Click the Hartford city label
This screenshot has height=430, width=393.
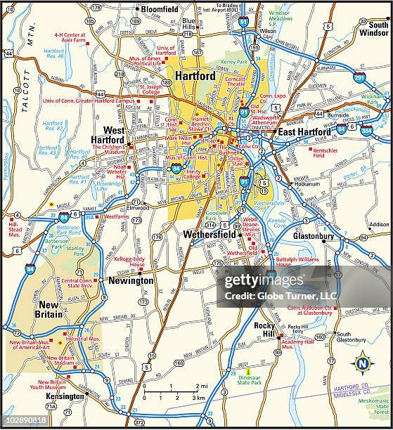pos(196,76)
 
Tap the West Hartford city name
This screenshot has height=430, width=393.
pos(108,136)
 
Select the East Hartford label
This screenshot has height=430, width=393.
pos(304,132)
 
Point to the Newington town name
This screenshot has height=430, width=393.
pos(130,280)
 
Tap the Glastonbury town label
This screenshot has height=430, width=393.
pos(313,236)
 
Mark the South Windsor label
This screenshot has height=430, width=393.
pos(373,28)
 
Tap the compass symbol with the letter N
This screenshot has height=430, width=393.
pos(361,363)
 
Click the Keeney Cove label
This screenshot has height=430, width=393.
pos(277,223)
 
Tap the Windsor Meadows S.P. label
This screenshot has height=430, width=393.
pos(279,18)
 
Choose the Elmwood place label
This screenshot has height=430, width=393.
pos(138,208)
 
